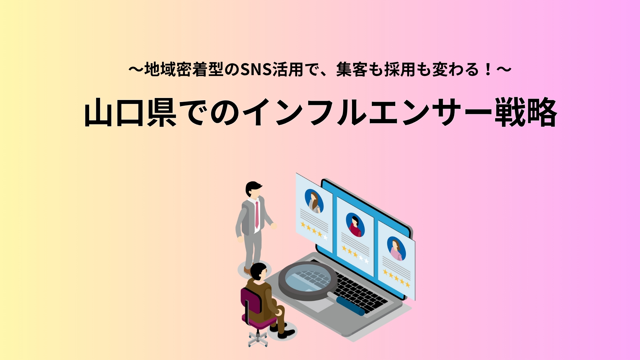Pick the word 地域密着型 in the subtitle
point(184,70)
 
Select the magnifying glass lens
point(308,281)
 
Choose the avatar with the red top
point(355,225)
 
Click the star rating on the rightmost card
point(397,278)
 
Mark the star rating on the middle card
point(355,254)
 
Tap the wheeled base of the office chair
point(258,339)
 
